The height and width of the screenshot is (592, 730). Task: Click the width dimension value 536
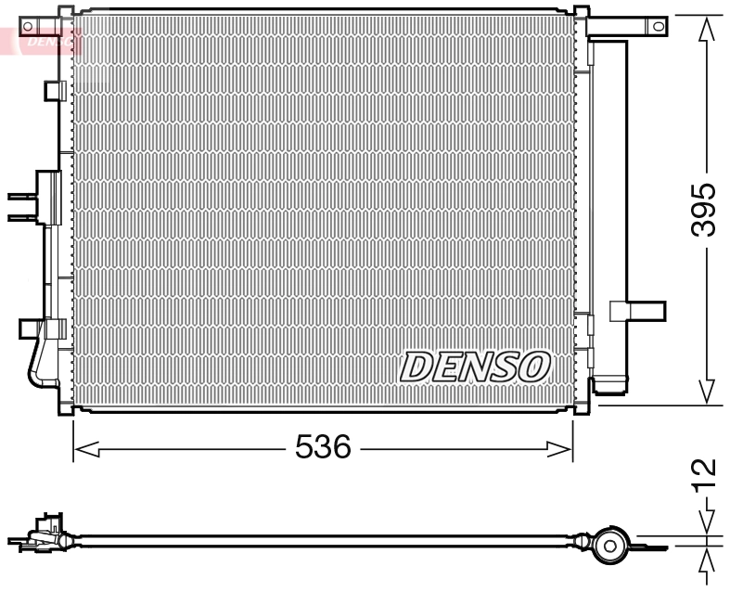coord(323,449)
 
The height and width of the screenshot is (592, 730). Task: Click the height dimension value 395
coord(706,210)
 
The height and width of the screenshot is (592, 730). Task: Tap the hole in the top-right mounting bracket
coord(658,26)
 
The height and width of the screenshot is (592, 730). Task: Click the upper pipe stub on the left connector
coord(20,196)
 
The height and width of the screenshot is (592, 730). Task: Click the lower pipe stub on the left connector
coord(20,218)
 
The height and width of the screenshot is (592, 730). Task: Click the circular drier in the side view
coord(610,545)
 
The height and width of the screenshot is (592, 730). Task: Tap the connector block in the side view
coord(44,532)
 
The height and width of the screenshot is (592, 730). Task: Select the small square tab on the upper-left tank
coord(53,90)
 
